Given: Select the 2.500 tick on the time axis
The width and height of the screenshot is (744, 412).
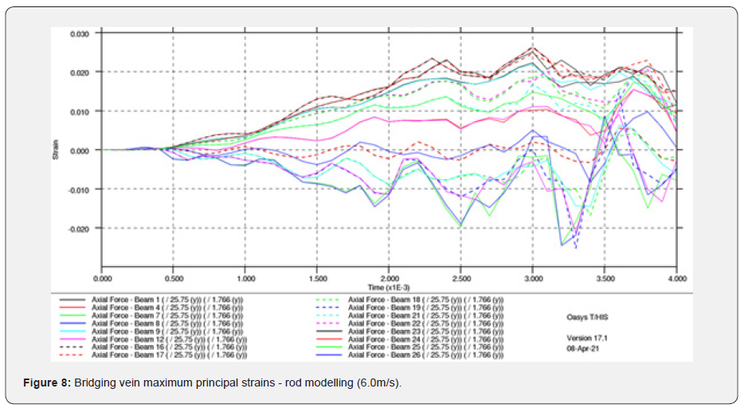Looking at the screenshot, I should pos(460,280).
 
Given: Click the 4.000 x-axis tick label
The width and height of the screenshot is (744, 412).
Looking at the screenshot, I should pos(676,280).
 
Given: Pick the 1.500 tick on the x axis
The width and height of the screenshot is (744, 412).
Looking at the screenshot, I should pos(316,280).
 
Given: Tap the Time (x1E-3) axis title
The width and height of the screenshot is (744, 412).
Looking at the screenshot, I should pos(390,287).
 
